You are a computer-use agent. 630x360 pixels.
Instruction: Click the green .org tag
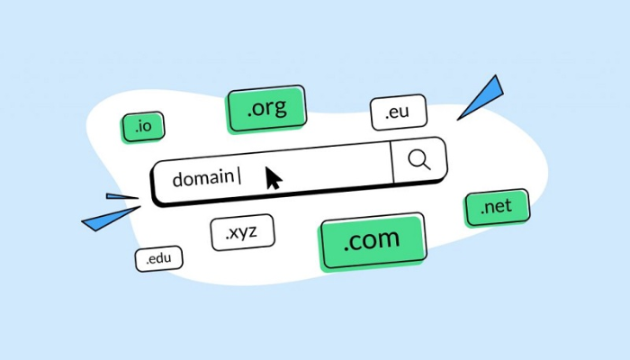click(266, 110)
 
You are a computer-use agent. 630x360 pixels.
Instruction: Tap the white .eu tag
click(398, 113)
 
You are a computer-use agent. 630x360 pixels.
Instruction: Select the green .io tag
click(142, 128)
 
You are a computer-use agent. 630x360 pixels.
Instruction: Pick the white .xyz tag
click(242, 232)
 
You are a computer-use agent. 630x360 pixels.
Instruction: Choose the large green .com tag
click(372, 241)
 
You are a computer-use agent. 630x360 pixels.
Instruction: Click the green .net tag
click(496, 208)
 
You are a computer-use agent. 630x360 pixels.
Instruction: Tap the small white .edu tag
click(158, 259)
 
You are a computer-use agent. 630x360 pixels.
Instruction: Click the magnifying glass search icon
click(418, 160)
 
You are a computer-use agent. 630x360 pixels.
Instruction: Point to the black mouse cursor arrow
click(273, 177)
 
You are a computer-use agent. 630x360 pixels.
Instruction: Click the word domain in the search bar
click(202, 177)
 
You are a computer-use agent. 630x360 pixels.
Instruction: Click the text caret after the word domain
click(238, 176)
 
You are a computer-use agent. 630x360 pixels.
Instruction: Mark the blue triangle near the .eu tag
click(482, 95)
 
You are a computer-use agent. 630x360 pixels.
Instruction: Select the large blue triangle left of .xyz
click(109, 219)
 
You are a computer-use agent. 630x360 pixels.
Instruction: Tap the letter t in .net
click(508, 206)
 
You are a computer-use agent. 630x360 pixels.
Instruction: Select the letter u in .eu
click(406, 114)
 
